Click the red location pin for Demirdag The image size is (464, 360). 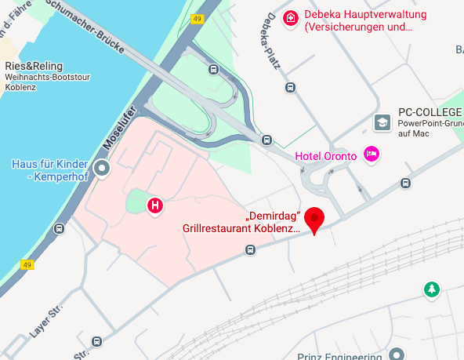(314, 217)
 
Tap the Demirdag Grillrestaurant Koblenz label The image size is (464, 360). (241, 223)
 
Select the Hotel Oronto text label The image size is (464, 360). (325, 156)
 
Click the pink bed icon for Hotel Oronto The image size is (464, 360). (372, 153)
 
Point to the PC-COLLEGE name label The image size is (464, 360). (430, 111)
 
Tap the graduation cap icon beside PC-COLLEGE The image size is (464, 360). (382, 122)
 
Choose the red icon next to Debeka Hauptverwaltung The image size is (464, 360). (291, 17)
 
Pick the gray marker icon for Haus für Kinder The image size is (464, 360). (101, 168)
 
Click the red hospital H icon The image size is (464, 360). (155, 205)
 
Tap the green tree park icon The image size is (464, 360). (431, 289)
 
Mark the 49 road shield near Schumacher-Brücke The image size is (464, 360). (197, 19)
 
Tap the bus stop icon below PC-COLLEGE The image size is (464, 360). (405, 184)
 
